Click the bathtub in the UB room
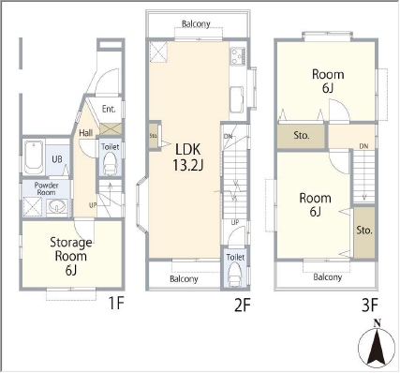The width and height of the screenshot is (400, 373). click(x=34, y=157)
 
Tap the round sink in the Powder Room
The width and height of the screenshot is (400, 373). click(x=57, y=207)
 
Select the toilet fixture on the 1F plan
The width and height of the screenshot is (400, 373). click(x=110, y=163)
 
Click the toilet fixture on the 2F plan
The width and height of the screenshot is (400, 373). click(x=235, y=274)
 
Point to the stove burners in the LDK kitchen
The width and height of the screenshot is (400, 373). click(x=238, y=55)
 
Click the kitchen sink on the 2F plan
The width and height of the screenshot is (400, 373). click(x=237, y=99)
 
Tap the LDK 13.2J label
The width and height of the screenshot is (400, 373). click(x=187, y=157)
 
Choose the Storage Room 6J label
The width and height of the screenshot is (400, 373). click(x=71, y=256)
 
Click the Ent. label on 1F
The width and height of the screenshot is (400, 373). click(x=109, y=109)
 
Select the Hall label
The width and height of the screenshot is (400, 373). click(x=85, y=133)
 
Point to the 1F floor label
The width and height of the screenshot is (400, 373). click(x=116, y=303)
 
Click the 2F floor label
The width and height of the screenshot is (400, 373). click(x=243, y=306)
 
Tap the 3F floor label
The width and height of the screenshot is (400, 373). click(x=370, y=306)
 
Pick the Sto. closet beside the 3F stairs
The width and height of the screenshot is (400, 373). click(x=364, y=232)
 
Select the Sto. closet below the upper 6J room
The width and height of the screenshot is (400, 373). click(x=302, y=136)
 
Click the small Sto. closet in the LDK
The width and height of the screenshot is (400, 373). click(x=154, y=136)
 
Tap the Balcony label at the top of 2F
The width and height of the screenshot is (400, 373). click(x=196, y=23)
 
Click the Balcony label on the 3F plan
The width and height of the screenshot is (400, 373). click(x=328, y=277)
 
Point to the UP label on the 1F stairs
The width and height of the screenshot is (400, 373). click(x=93, y=205)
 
